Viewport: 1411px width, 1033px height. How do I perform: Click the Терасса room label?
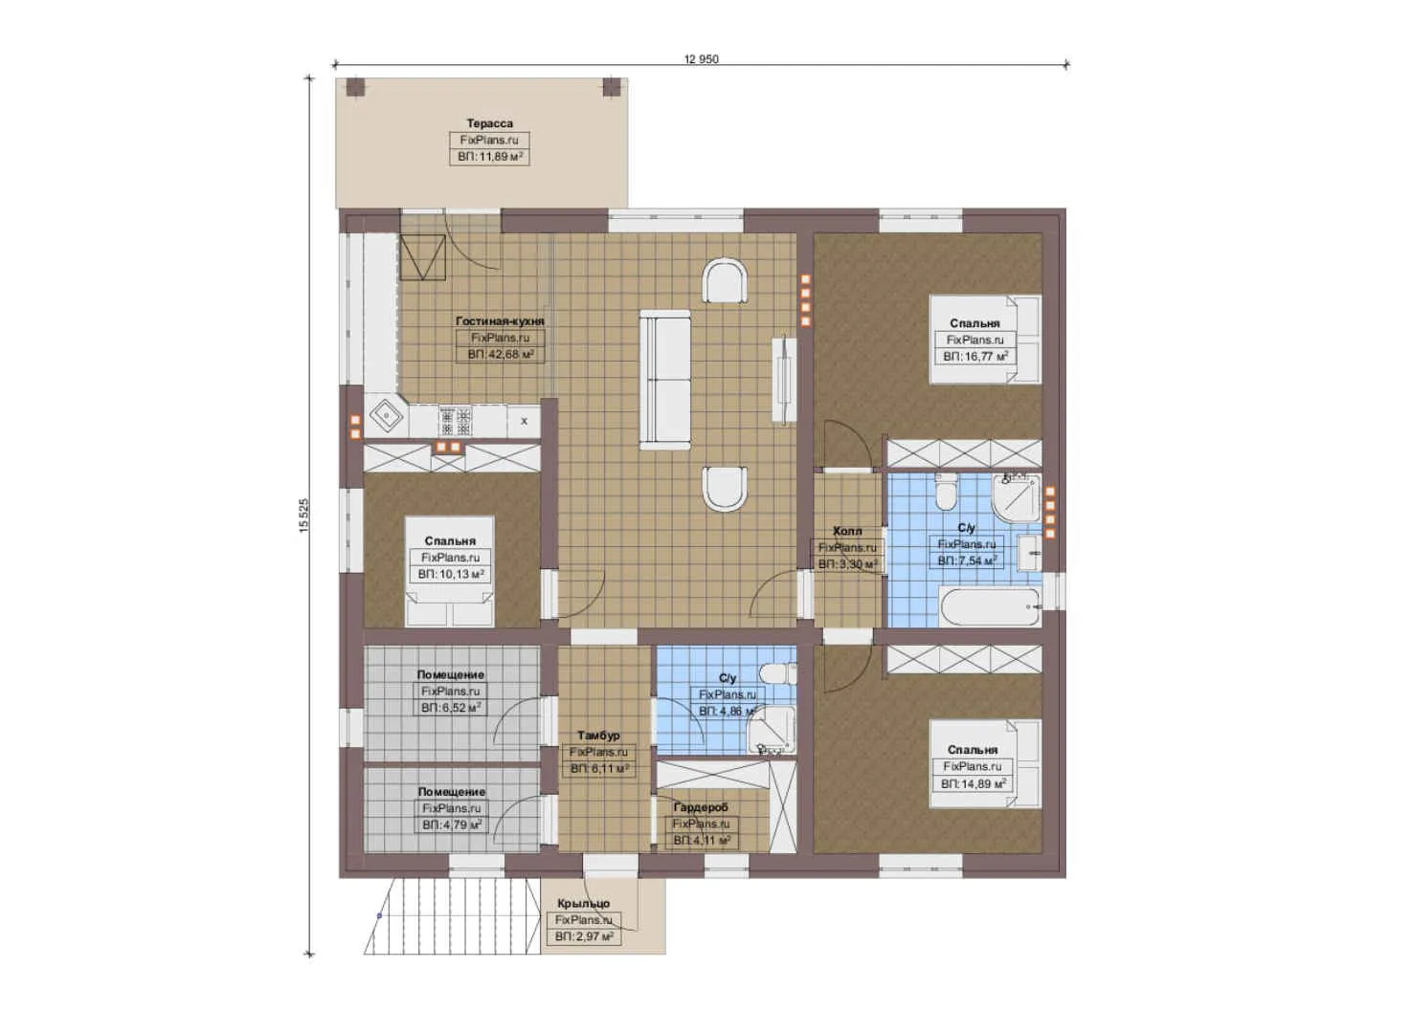click(x=489, y=123)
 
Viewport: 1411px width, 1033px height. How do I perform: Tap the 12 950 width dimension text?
click(x=701, y=59)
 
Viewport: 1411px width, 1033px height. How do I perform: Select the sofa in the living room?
click(x=664, y=380)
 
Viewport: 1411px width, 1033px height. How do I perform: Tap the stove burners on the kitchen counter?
click(x=456, y=419)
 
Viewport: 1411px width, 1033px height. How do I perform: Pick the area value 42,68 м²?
click(x=500, y=355)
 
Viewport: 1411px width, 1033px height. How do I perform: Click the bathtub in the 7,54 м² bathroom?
click(x=989, y=607)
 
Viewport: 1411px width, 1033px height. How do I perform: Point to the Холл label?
click(x=846, y=531)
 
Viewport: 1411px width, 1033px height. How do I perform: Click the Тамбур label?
click(x=598, y=736)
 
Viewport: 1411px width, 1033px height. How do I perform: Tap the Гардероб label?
click(x=700, y=807)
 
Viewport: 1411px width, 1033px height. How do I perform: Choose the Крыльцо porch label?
click(x=583, y=903)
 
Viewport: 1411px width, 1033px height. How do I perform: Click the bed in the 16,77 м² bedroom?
click(x=986, y=340)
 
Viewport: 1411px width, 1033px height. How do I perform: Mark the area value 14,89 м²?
click(x=973, y=783)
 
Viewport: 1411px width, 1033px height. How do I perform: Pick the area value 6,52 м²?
click(x=450, y=708)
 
